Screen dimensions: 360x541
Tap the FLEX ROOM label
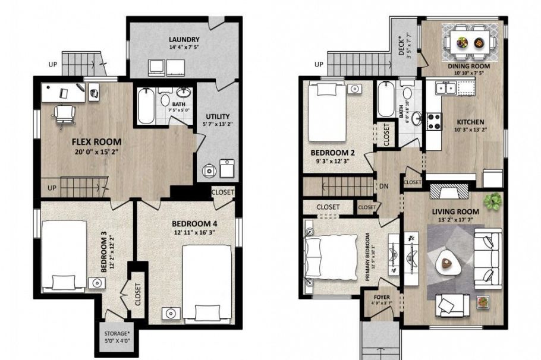click(x=97, y=142)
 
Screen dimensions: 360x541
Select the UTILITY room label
click(x=218, y=116)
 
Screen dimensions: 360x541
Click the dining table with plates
click(x=469, y=42)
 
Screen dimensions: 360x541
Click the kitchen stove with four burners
click(x=433, y=119)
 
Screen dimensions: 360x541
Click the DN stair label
click(x=383, y=186)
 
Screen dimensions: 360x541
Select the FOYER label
click(x=381, y=297)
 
